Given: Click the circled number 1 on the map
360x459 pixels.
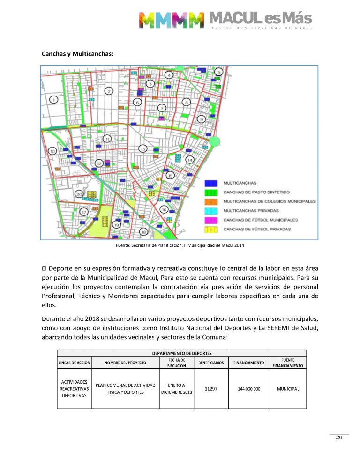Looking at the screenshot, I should tap(54, 99).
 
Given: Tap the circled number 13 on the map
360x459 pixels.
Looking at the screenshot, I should tap(142, 149).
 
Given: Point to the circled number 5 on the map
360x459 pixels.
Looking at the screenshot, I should tap(218, 72).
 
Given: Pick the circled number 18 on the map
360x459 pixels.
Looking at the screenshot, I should tap(144, 231).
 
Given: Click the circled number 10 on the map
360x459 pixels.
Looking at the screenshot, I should tap(52, 151).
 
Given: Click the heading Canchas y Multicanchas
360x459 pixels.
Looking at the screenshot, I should tap(77, 54).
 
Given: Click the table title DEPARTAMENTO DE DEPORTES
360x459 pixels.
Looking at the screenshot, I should tap(181, 353).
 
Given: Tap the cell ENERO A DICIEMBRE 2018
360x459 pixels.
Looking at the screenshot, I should tap(176, 389).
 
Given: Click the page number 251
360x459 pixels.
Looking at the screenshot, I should tap(339, 437).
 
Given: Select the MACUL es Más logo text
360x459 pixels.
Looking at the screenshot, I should tap(260, 19).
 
